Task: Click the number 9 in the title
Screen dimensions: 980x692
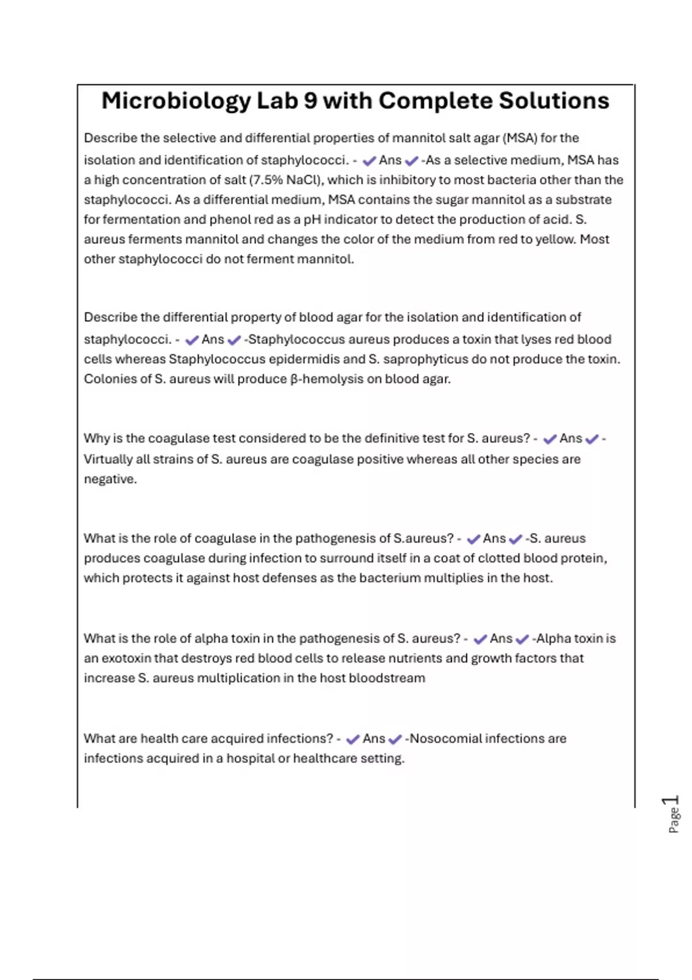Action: [x=310, y=101]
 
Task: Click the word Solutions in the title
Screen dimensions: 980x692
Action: [x=554, y=101]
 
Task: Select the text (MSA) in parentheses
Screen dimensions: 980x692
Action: [x=520, y=138]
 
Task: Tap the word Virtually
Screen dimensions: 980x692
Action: [x=108, y=459]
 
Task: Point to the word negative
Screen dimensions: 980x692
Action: [x=110, y=479]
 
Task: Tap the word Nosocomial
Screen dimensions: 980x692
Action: [x=446, y=738]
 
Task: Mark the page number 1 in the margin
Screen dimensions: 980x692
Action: [x=671, y=800]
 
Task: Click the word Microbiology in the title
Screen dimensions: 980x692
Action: [x=176, y=101]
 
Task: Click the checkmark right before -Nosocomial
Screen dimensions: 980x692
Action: [x=395, y=739]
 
